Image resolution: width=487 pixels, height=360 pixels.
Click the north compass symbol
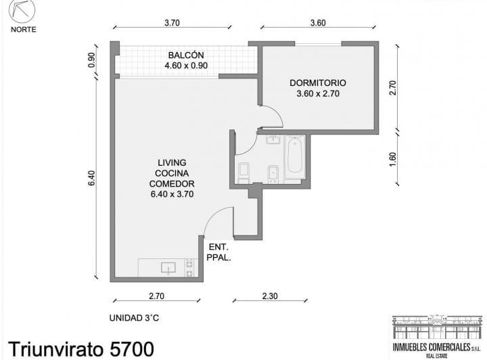click(22, 10)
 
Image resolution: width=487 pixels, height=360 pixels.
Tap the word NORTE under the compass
click(23, 30)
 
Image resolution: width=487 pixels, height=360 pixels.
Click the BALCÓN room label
click(186, 55)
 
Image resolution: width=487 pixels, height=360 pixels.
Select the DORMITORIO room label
click(318, 83)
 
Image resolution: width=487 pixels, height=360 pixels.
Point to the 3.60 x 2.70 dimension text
click(318, 93)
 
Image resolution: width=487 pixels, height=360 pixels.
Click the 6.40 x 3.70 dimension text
click(172, 194)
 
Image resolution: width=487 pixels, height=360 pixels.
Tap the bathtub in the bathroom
click(294, 157)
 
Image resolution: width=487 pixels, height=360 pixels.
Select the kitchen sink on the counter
click(168, 268)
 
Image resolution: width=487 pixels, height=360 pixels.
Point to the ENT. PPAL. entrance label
click(218, 252)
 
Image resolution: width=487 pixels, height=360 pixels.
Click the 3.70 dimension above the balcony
click(172, 23)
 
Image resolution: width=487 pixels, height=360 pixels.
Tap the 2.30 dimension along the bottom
click(270, 296)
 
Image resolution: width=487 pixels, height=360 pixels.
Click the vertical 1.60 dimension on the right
click(393, 159)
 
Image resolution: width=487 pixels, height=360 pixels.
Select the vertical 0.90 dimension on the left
click(91, 60)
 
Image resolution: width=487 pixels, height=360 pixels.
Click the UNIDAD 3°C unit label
click(134, 318)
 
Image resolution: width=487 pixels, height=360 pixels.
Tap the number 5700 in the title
click(132, 348)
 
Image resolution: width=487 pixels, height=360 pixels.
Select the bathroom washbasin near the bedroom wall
click(274, 139)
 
